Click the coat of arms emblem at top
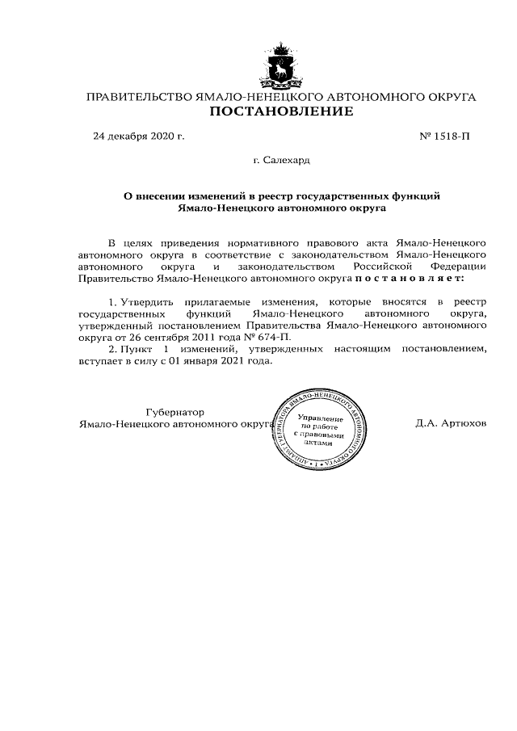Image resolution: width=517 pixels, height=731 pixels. pyautogui.click(x=281, y=66)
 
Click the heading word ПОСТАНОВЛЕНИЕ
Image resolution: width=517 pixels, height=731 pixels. pyautogui.click(x=281, y=111)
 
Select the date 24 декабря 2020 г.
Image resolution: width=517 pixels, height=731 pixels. pyautogui.click(x=139, y=136)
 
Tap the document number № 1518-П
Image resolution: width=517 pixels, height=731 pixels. pyautogui.click(x=444, y=136)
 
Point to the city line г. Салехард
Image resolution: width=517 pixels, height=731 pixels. pyautogui.click(x=281, y=160)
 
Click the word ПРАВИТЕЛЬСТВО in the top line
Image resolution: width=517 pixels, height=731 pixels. pyautogui.click(x=138, y=97)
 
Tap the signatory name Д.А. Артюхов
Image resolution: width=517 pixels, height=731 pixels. pyautogui.click(x=451, y=423)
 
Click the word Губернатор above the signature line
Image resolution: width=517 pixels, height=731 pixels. pyautogui.click(x=174, y=411)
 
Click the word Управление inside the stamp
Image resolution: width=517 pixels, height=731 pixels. pyautogui.click(x=321, y=418)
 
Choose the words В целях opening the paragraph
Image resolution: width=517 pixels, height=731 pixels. pyautogui.click(x=126, y=242)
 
